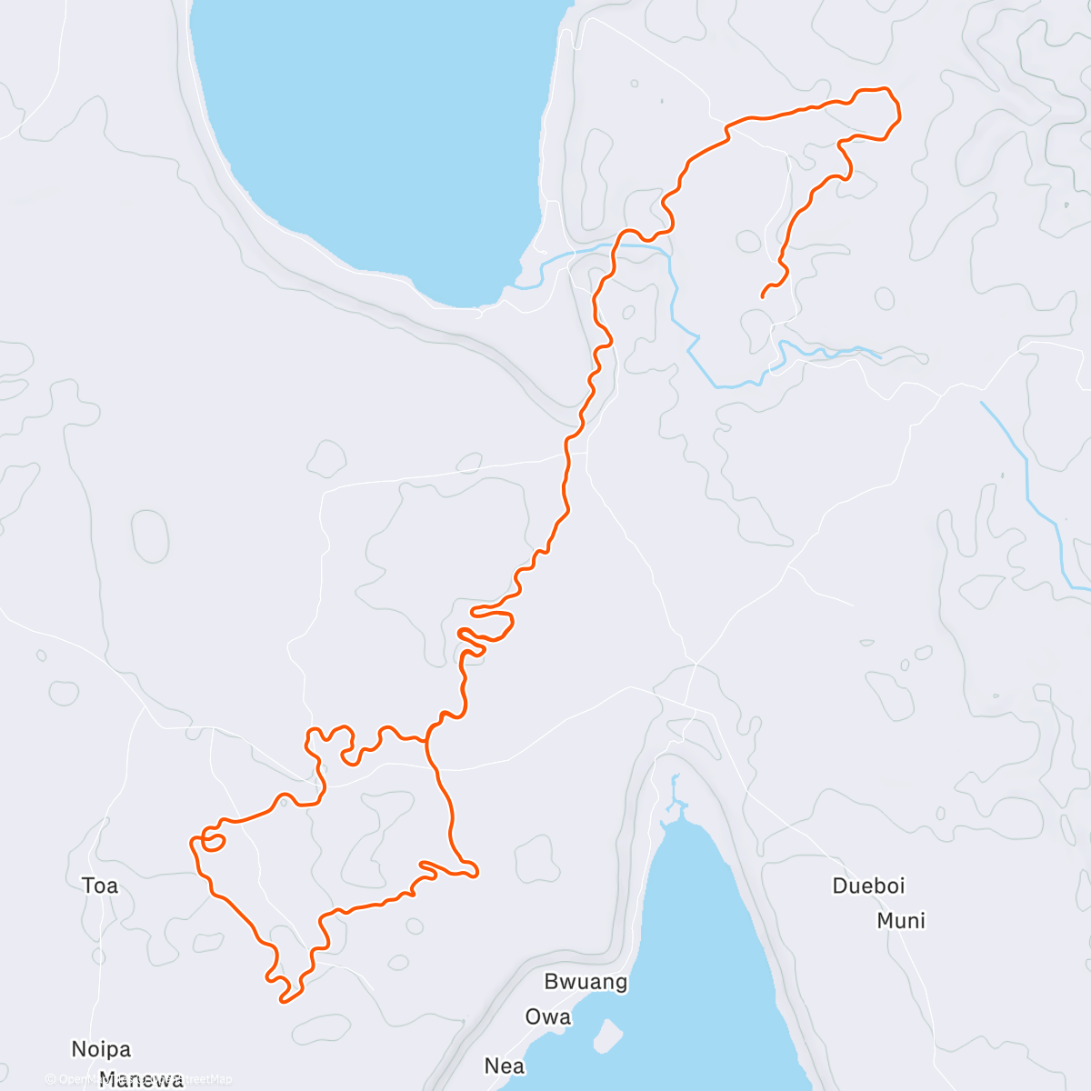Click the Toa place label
[x=100, y=886]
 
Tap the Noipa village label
[x=101, y=1049]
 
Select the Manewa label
[x=141, y=1080]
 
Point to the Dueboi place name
[x=868, y=886]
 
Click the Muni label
[x=901, y=921]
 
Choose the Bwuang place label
[x=586, y=982]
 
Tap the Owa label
[x=548, y=1016]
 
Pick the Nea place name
[x=505, y=1065]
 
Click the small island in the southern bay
[x=608, y=1033]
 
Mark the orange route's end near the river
[x=762, y=295]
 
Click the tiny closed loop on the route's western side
[x=214, y=841]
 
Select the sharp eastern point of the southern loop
[x=475, y=874]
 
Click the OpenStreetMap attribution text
[x=136, y=1079]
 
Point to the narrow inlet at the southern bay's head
[x=674, y=796]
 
